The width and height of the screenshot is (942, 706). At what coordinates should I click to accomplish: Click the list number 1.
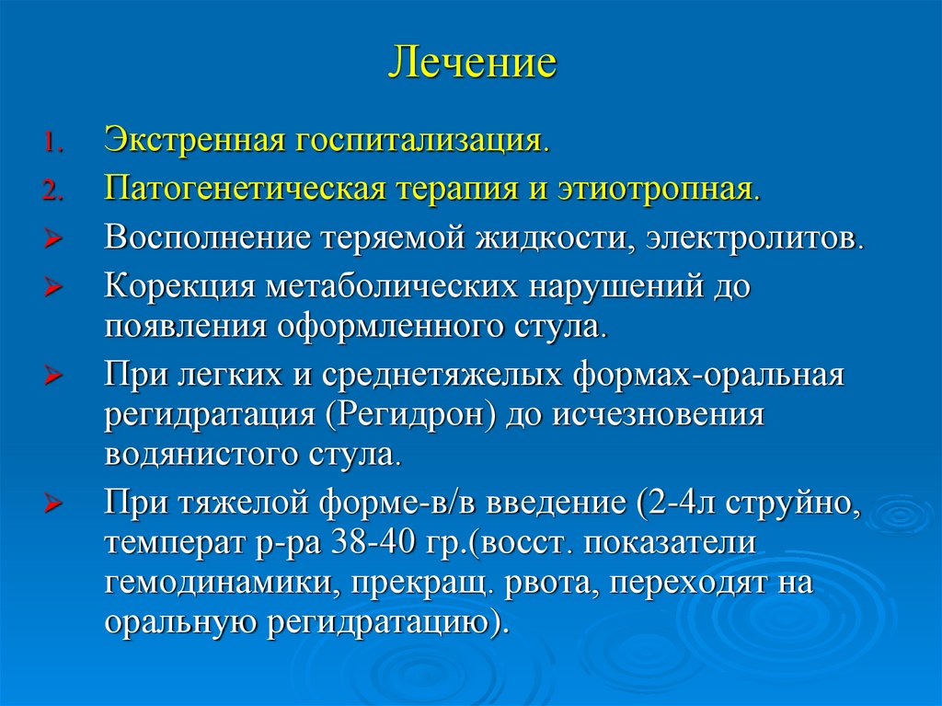[52, 144]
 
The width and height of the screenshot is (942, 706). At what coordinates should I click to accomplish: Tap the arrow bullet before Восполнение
[52, 240]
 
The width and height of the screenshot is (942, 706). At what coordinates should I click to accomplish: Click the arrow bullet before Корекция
[52, 289]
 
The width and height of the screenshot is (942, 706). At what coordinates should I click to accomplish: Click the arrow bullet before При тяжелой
[52, 506]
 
